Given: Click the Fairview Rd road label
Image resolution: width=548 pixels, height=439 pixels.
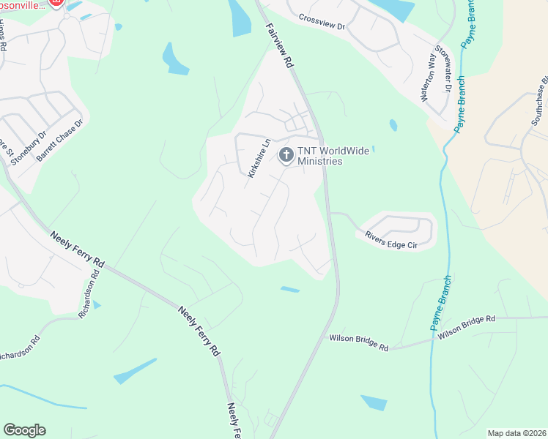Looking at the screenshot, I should coord(279,46).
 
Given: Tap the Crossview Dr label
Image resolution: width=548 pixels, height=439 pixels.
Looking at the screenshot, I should coord(321,20).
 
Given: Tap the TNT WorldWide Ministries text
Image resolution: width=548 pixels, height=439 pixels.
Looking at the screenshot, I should coord(319,156).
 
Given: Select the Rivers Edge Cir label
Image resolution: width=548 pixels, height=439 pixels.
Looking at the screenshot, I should coord(391,239).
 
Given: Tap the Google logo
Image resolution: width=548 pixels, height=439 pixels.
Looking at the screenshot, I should coord(24,430).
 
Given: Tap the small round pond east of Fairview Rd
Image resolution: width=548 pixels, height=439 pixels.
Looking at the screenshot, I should coord(393,125).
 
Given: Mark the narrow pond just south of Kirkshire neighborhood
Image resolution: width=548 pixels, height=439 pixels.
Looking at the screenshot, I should coord(290,290).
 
